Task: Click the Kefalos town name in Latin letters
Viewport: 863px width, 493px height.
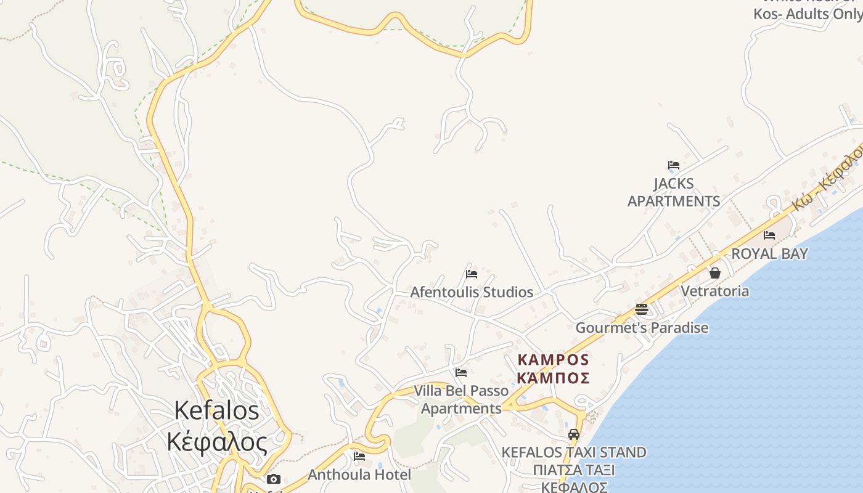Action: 216,410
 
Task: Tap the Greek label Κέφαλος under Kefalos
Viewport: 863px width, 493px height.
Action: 217,442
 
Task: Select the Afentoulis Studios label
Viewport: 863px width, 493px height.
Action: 472,292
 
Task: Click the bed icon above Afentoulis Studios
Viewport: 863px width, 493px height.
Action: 472,274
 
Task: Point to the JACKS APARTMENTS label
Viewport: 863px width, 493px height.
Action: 673,192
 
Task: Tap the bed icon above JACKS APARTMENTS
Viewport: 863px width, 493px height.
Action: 673,165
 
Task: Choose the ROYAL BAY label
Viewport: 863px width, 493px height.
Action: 769,254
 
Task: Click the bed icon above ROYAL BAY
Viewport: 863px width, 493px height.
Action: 769,235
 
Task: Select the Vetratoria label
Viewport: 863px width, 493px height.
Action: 715,291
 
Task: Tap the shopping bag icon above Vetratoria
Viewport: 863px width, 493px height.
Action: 715,272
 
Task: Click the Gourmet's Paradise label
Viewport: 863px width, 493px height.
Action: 642,328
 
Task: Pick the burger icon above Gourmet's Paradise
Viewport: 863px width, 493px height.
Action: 642,309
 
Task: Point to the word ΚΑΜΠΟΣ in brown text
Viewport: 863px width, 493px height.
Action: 554,360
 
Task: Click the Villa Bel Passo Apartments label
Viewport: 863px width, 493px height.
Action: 461,399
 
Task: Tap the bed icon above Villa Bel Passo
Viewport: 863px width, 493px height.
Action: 460,373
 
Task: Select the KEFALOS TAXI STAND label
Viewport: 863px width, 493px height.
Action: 574,452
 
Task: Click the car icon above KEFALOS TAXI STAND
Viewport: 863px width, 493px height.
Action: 574,434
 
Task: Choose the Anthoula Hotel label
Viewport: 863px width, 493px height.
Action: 359,475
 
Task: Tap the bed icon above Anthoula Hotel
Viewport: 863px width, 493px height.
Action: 359,457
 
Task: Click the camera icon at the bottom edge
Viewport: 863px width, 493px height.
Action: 274,479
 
